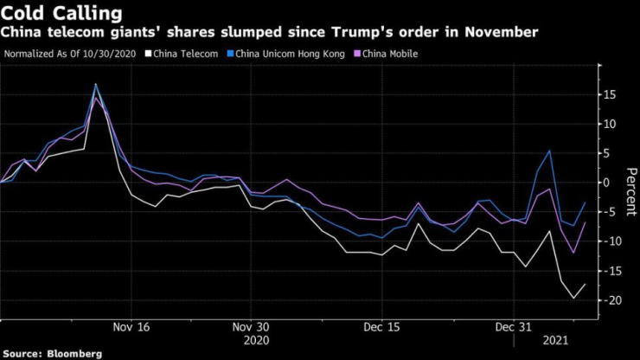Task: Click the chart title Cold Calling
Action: pyautogui.click(x=61, y=14)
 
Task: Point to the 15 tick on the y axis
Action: pyautogui.click(x=611, y=94)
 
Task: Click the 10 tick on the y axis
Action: pyautogui.click(x=611, y=124)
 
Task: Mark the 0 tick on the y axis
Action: pyautogui.click(x=608, y=183)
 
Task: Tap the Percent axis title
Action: pyautogui.click(x=628, y=183)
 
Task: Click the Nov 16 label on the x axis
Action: pyautogui.click(x=131, y=328)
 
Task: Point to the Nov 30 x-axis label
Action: pyautogui.click(x=251, y=328)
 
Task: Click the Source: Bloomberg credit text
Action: pyautogui.click(x=53, y=354)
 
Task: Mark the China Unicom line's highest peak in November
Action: pyautogui.click(x=95, y=84)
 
